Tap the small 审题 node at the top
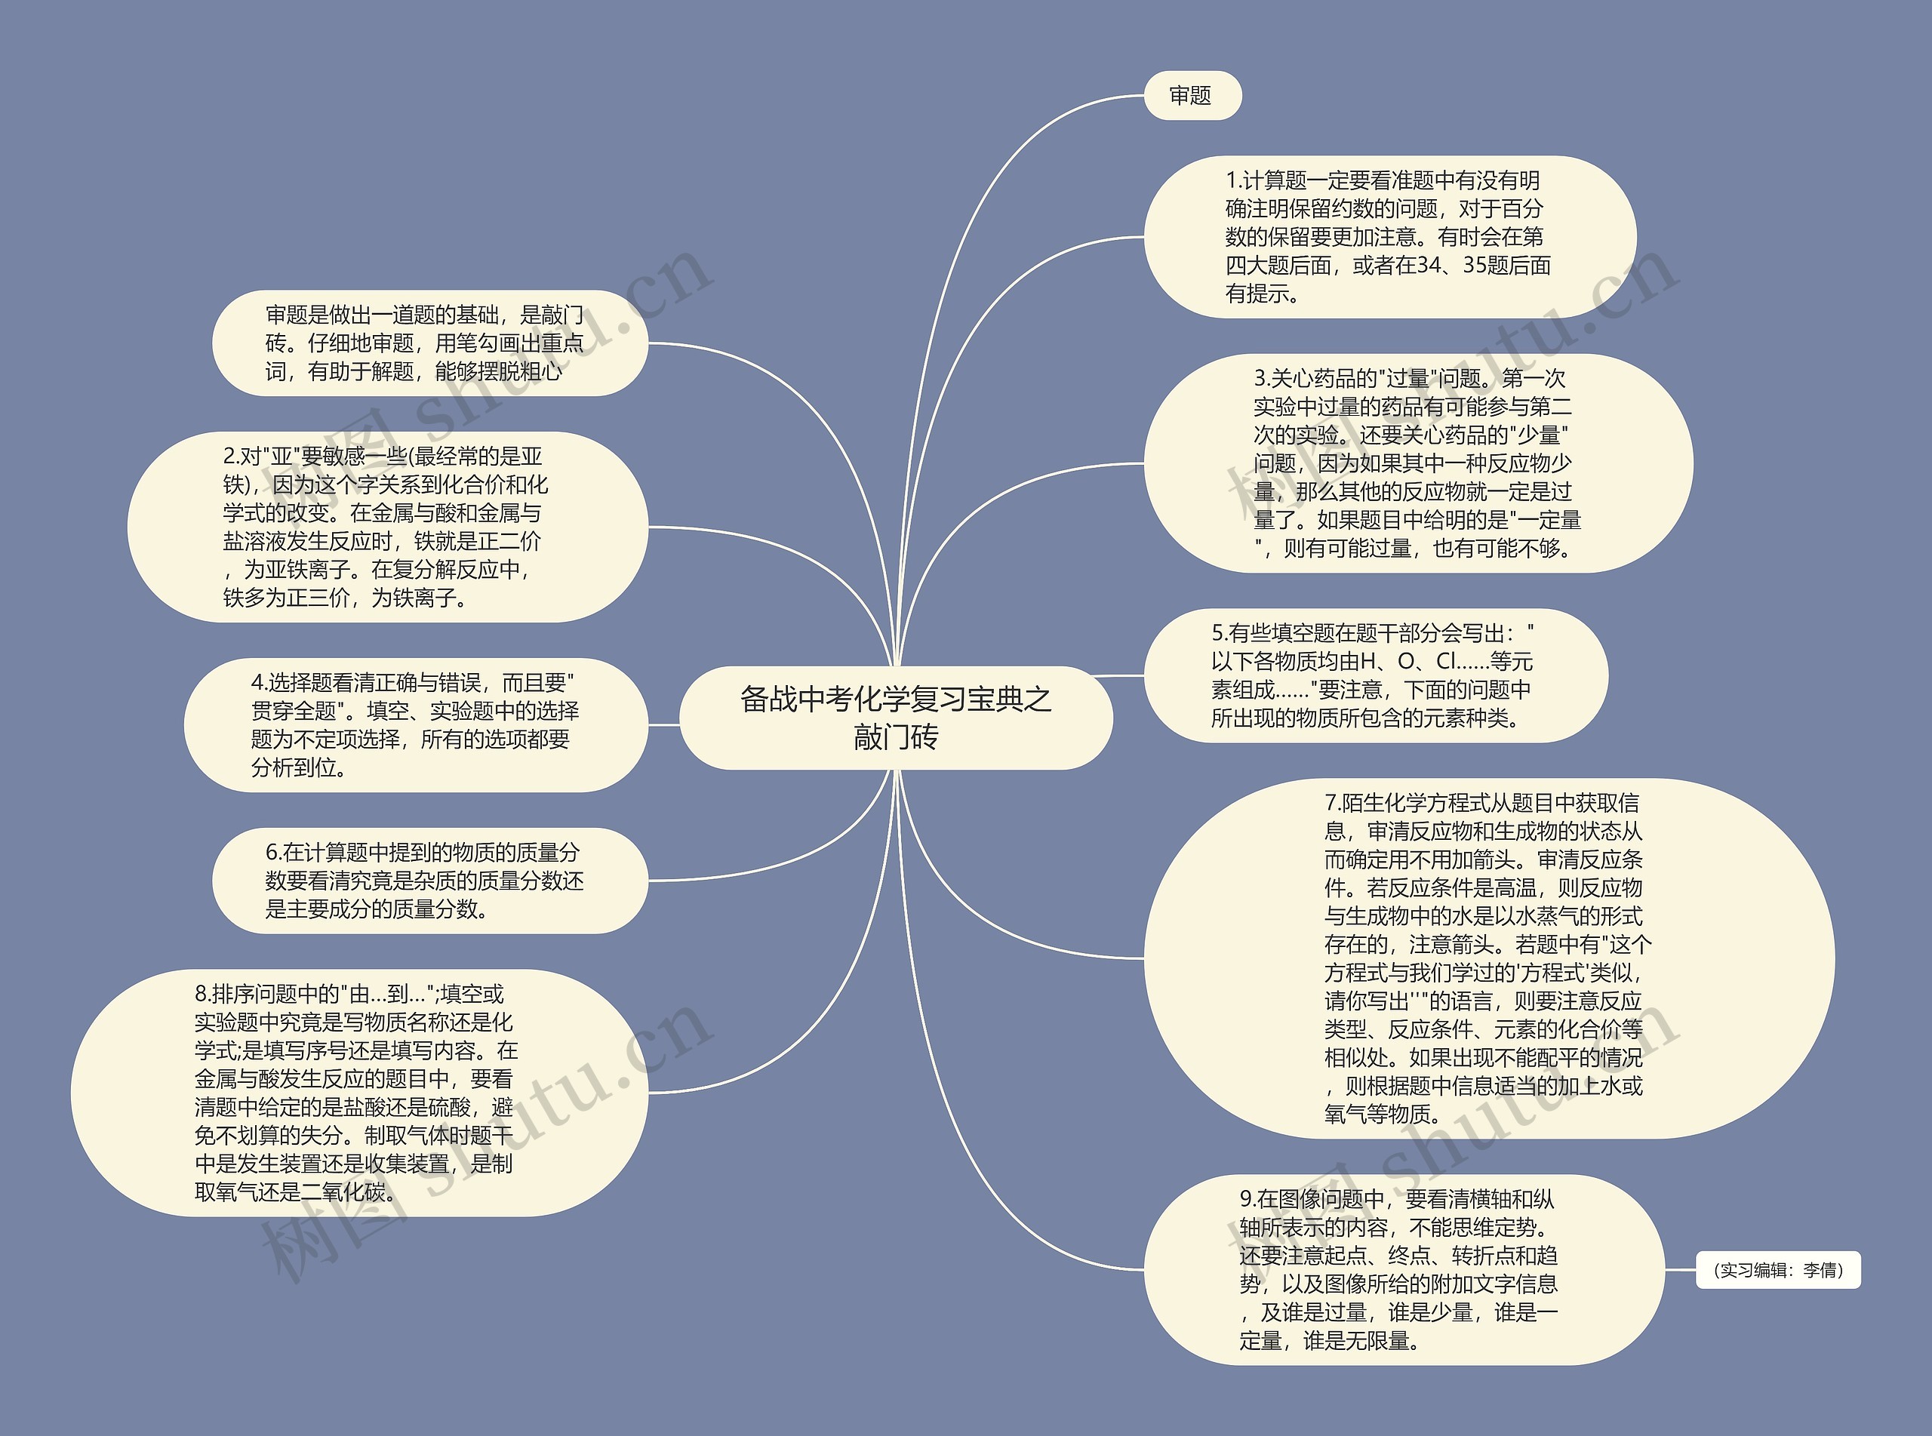pyautogui.click(x=1191, y=96)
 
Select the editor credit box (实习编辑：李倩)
pyautogui.click(x=1777, y=1270)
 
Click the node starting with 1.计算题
pyautogui.click(x=1389, y=236)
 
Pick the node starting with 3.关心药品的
pyautogui.click(x=1417, y=463)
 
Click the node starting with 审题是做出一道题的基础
pyautogui.click(x=429, y=343)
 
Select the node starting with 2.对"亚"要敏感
pyautogui.click(x=386, y=527)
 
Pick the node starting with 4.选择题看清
pyautogui.click(x=415, y=725)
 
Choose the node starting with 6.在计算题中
pyautogui.click(x=429, y=881)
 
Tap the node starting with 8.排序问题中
pyautogui.click(x=358, y=1093)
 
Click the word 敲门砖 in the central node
pyautogui.click(x=895, y=738)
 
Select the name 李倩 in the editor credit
pyautogui.click(x=1822, y=1271)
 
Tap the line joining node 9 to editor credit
pyautogui.click(x=1679, y=1270)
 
